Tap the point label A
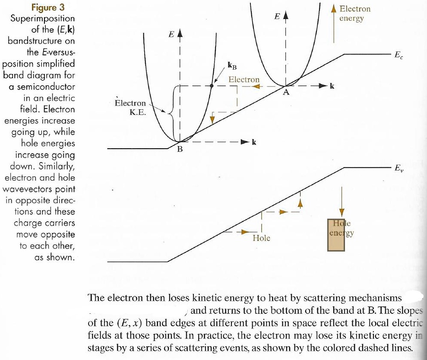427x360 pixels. [285, 92]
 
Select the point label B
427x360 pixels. [180, 149]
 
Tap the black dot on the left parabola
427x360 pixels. [211, 86]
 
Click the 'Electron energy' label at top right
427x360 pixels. [354, 13]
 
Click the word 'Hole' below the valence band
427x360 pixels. [261, 238]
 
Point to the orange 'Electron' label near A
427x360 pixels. [244, 80]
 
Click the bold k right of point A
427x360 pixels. [332, 86]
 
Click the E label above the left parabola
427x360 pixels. [171, 33]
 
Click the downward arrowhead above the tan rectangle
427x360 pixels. [342, 212]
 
